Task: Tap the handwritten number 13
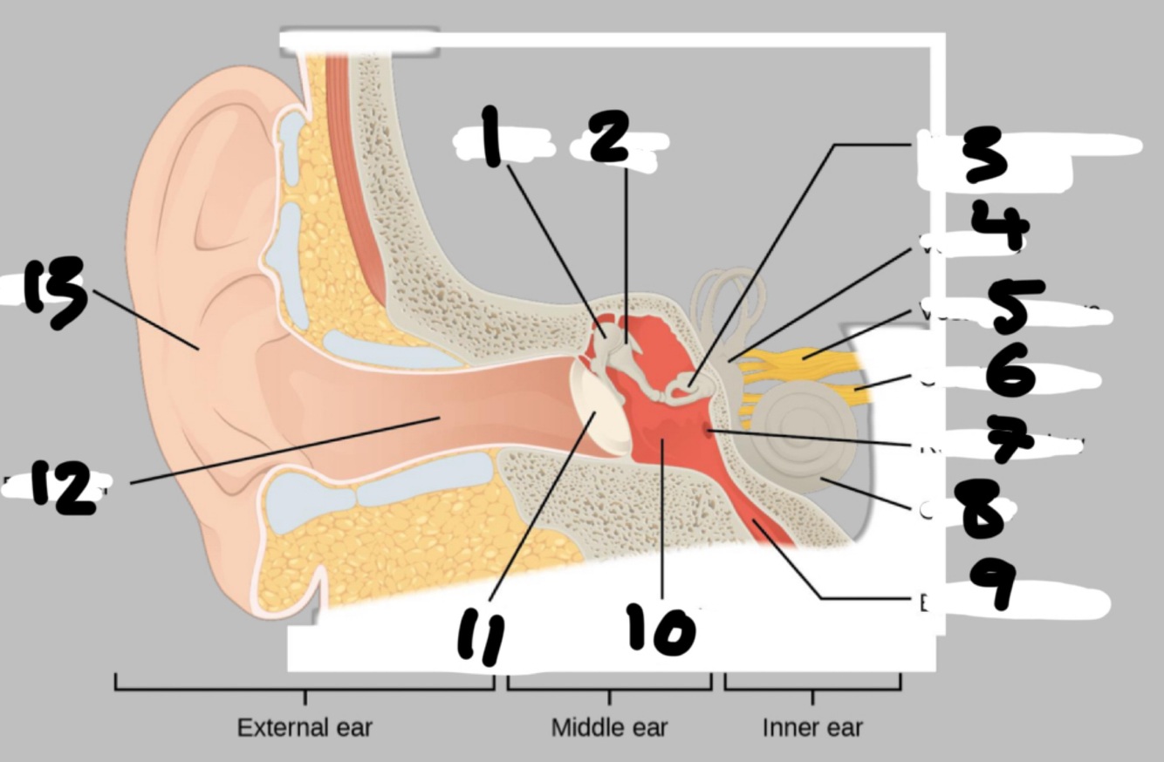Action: click(x=54, y=292)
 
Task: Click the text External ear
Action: click(x=305, y=727)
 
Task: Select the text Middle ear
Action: click(x=609, y=727)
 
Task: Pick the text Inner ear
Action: click(x=812, y=727)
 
